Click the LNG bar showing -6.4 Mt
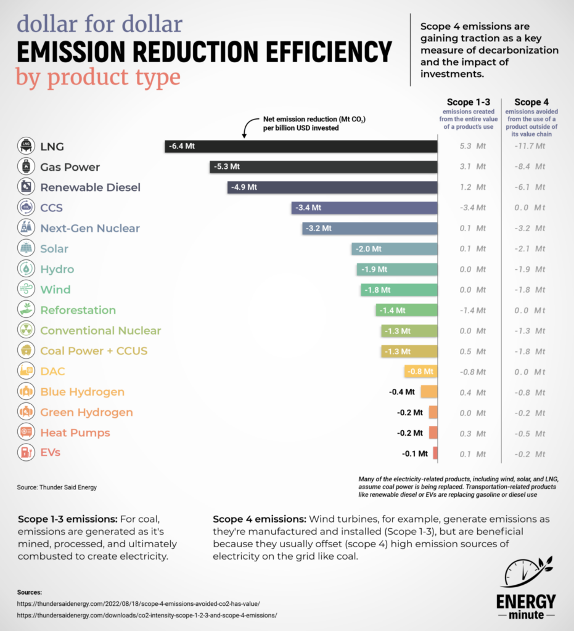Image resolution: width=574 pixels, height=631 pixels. point(301,146)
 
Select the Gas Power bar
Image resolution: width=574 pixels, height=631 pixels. point(323,167)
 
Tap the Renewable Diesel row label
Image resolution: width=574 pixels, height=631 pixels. point(90,187)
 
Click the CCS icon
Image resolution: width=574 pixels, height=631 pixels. point(26,208)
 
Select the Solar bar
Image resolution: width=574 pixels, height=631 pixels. point(395,248)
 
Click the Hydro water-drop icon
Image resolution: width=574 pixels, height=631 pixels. point(26,269)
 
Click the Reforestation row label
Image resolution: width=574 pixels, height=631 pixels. point(78,310)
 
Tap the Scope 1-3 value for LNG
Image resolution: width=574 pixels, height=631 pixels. point(472,147)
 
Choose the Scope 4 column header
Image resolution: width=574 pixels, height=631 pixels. point(531,102)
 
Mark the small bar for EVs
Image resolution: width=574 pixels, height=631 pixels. point(435,453)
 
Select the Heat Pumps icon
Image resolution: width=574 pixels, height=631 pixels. point(26,433)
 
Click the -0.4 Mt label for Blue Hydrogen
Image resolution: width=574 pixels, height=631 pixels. point(401,392)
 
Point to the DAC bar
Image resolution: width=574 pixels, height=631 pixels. point(421,371)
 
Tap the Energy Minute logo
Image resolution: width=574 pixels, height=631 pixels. point(525,588)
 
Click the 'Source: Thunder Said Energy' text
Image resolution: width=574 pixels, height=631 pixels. point(57,487)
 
